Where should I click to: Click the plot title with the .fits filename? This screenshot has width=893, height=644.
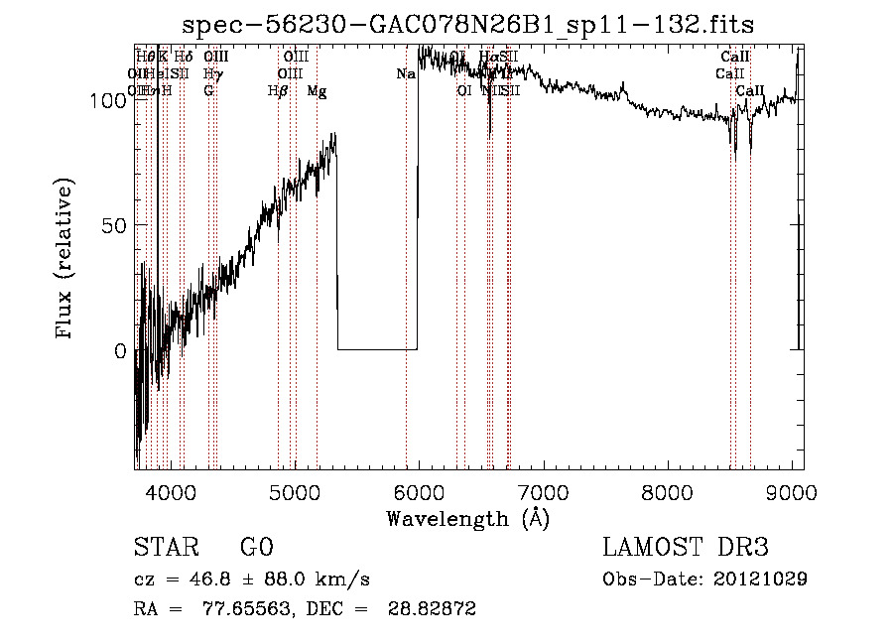[475, 24]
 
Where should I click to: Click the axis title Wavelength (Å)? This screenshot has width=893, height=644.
[467, 517]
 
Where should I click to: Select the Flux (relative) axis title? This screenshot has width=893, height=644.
[65, 261]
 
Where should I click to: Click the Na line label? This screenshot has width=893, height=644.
[405, 74]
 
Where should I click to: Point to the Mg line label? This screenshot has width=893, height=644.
[317, 91]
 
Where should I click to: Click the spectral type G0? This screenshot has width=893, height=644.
[257, 548]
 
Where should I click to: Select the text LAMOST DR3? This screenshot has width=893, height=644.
[685, 548]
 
